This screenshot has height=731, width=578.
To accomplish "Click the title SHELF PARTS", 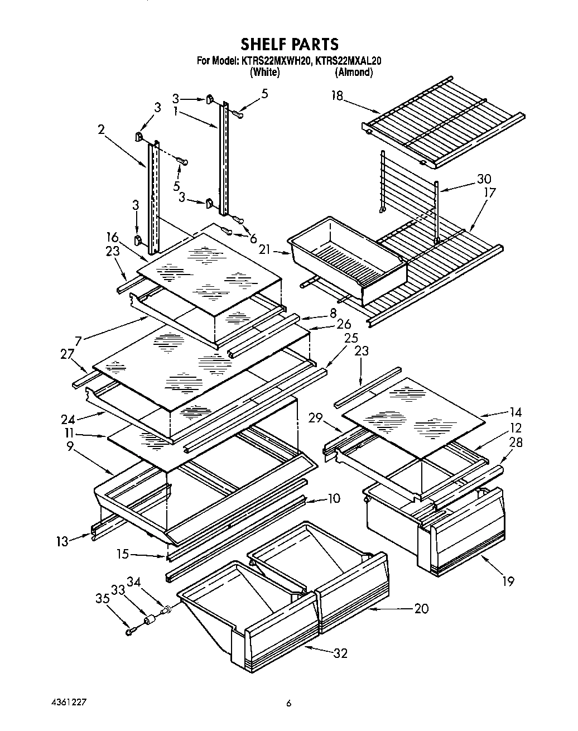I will tap(289, 44).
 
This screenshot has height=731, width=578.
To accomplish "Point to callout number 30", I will tap(484, 179).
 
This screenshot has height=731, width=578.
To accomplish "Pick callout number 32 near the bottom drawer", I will tap(339, 653).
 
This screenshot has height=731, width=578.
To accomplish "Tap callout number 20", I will tap(421, 608).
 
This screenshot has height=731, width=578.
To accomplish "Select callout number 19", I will tap(507, 581).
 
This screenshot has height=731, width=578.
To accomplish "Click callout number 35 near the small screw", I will tap(101, 599).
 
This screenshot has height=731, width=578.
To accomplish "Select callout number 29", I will tap(316, 417).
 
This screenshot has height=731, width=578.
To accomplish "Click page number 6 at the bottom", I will tap(288, 704).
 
